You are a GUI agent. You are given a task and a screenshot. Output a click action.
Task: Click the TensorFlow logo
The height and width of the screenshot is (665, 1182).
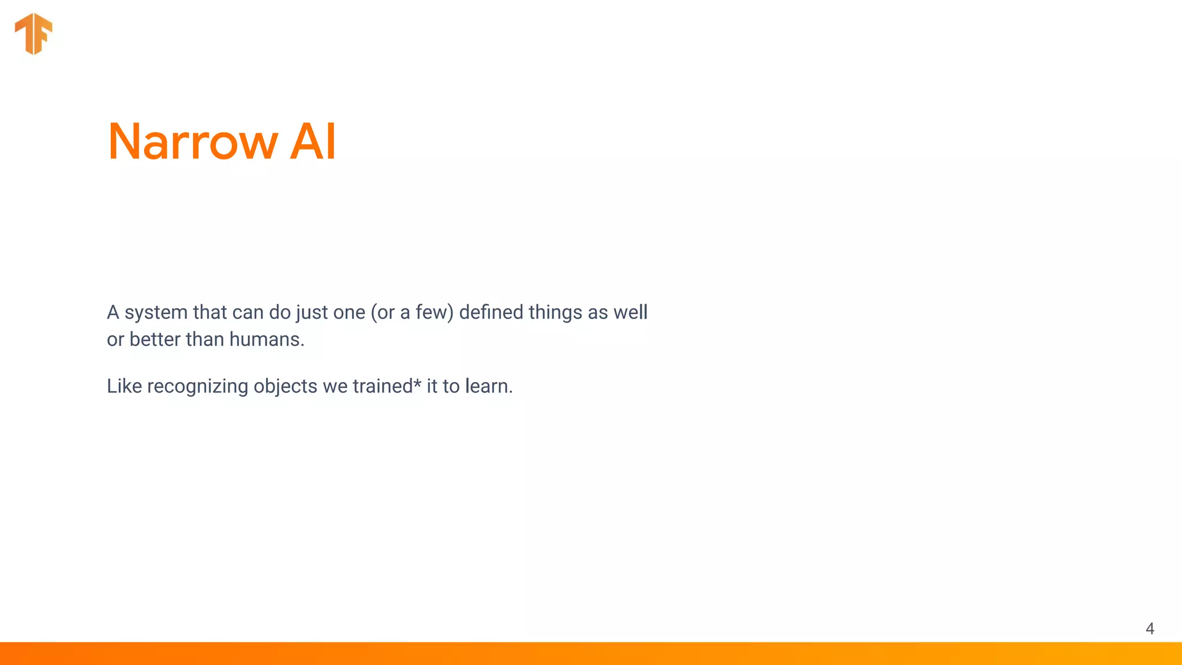pos(33,33)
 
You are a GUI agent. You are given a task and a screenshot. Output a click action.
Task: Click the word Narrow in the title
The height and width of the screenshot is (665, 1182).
pos(192,141)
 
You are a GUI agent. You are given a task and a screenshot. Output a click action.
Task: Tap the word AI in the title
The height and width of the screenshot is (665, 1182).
pos(312,141)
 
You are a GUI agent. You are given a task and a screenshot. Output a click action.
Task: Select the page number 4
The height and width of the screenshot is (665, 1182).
pos(1150,629)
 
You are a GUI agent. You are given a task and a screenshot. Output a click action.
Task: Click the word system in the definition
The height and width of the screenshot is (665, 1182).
pos(156,313)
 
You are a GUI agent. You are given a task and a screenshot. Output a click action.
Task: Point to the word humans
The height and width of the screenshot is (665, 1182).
pos(266,339)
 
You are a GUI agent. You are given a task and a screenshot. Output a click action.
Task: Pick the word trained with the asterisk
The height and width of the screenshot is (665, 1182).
pos(383,386)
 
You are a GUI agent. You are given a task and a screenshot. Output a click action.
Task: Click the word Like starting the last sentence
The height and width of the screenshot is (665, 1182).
pos(124,386)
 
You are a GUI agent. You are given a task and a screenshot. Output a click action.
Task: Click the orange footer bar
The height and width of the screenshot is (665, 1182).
pos(591,653)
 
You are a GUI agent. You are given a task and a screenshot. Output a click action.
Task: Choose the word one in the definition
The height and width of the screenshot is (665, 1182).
pos(349,313)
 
